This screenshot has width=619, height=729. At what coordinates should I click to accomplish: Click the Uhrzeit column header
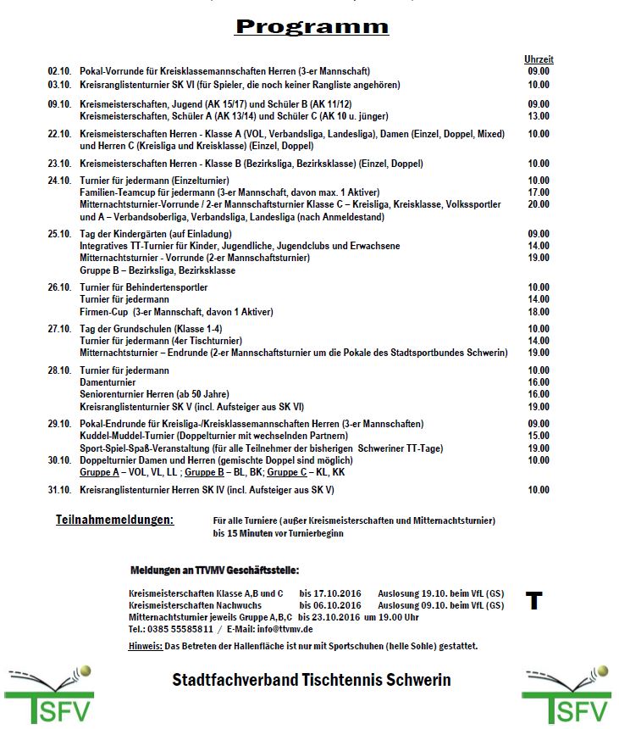coord(539,59)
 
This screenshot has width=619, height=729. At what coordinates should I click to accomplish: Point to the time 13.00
coord(539,116)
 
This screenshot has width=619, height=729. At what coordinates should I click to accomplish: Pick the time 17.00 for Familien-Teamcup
coord(539,192)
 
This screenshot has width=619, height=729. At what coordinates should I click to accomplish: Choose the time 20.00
coord(539,204)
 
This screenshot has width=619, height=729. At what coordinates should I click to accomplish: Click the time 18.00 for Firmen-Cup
coord(539,312)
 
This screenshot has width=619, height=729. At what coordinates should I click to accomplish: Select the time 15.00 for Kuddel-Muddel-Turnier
coord(539,436)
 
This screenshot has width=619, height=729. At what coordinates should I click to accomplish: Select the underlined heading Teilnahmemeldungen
coord(114,519)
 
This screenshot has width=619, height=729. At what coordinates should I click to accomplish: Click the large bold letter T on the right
coord(533,601)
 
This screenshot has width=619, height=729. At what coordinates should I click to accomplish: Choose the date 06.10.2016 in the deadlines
coord(332,606)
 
